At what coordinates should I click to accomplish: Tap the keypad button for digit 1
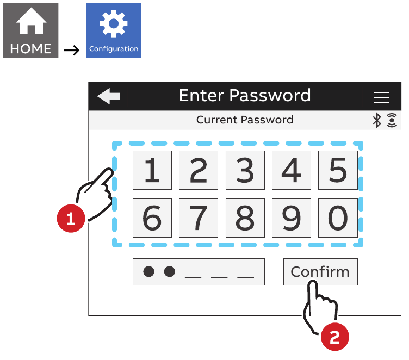[152, 170]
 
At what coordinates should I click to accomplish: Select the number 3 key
[245, 170]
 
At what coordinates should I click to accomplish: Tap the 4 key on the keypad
[292, 170]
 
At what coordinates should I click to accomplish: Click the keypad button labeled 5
[338, 170]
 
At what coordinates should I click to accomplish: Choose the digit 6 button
[152, 218]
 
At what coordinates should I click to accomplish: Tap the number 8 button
[245, 218]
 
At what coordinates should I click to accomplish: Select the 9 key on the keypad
[292, 218]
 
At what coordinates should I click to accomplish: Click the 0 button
[338, 218]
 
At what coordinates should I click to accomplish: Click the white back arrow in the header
[109, 96]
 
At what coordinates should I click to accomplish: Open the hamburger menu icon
[381, 97]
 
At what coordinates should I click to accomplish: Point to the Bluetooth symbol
[377, 120]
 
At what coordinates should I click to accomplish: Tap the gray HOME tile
[31, 30]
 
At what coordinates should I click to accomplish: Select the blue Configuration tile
[114, 30]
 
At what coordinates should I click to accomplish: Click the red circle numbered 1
[71, 219]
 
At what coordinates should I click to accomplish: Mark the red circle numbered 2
[334, 337]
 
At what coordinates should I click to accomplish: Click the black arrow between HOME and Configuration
[72, 50]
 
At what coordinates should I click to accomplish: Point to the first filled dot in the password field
[148, 271]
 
